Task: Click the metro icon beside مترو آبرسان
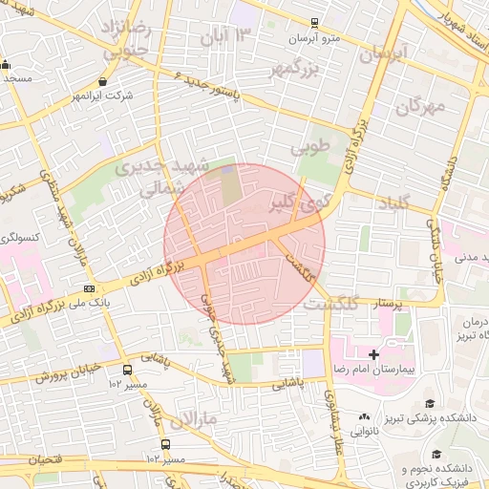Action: click(315, 23)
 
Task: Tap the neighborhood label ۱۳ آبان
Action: click(229, 36)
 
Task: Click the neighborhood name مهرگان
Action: click(421, 105)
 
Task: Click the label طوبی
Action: click(309, 148)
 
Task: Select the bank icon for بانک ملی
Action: click(90, 288)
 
